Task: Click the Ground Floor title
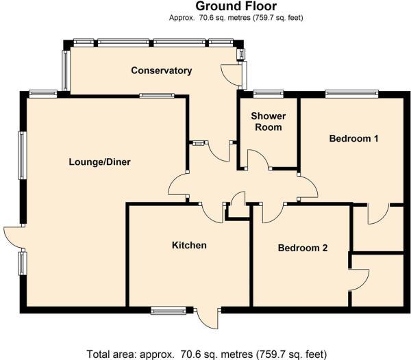[x=230, y=6]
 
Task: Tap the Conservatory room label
[x=161, y=70]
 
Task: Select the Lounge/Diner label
[x=99, y=162]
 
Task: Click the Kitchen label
[x=189, y=245]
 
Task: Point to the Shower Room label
[x=269, y=121]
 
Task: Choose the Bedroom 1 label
[x=354, y=139]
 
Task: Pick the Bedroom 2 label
[x=302, y=248]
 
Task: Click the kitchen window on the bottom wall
[x=168, y=311]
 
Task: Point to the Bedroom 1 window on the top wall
[x=351, y=92]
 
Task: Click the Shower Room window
[x=268, y=92]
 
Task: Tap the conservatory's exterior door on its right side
[x=233, y=75]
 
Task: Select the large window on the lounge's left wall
[x=22, y=155]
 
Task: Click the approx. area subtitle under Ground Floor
[x=230, y=18]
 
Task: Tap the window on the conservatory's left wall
[x=65, y=70]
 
